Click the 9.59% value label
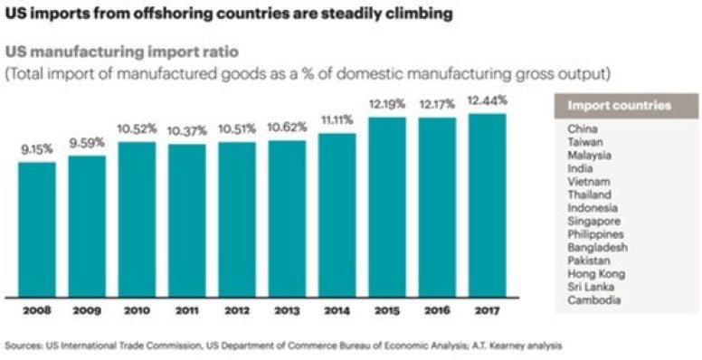[87, 142]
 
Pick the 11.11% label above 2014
[337, 119]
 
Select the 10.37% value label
[187, 130]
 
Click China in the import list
[583, 128]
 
